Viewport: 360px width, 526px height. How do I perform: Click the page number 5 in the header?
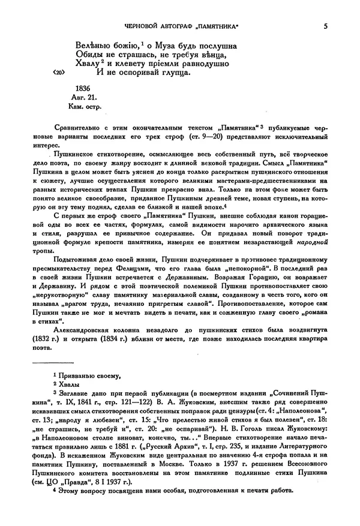tap(325, 26)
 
